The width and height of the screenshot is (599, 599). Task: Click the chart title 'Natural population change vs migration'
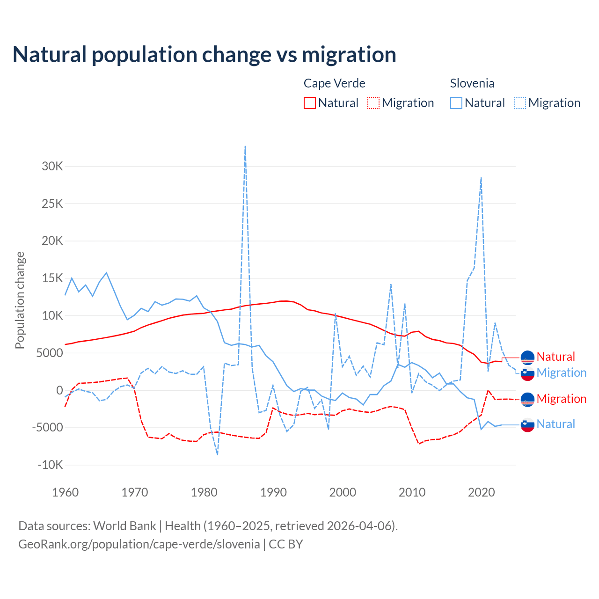click(205, 55)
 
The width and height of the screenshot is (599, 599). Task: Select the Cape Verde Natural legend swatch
click(310, 103)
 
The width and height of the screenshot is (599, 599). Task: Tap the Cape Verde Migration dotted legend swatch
click(373, 103)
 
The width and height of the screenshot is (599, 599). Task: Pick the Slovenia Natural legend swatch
click(456, 103)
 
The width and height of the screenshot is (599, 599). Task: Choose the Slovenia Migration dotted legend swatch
click(520, 103)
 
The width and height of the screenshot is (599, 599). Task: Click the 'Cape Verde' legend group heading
click(334, 83)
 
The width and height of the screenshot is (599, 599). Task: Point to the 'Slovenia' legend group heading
click(472, 83)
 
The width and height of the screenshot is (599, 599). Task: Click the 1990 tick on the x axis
click(273, 492)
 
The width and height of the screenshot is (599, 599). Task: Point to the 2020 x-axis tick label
click(481, 492)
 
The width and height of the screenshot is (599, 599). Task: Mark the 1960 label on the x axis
click(66, 492)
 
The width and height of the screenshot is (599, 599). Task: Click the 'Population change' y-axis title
click(20, 300)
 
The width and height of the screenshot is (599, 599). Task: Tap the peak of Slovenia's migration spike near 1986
click(245, 146)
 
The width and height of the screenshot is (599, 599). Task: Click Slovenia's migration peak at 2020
click(481, 178)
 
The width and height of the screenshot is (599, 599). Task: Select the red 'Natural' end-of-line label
click(555, 357)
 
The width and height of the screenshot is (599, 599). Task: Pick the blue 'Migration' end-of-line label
click(561, 373)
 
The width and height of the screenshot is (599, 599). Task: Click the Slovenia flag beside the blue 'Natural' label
click(527, 424)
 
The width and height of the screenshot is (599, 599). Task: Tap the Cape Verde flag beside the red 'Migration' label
click(527, 399)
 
